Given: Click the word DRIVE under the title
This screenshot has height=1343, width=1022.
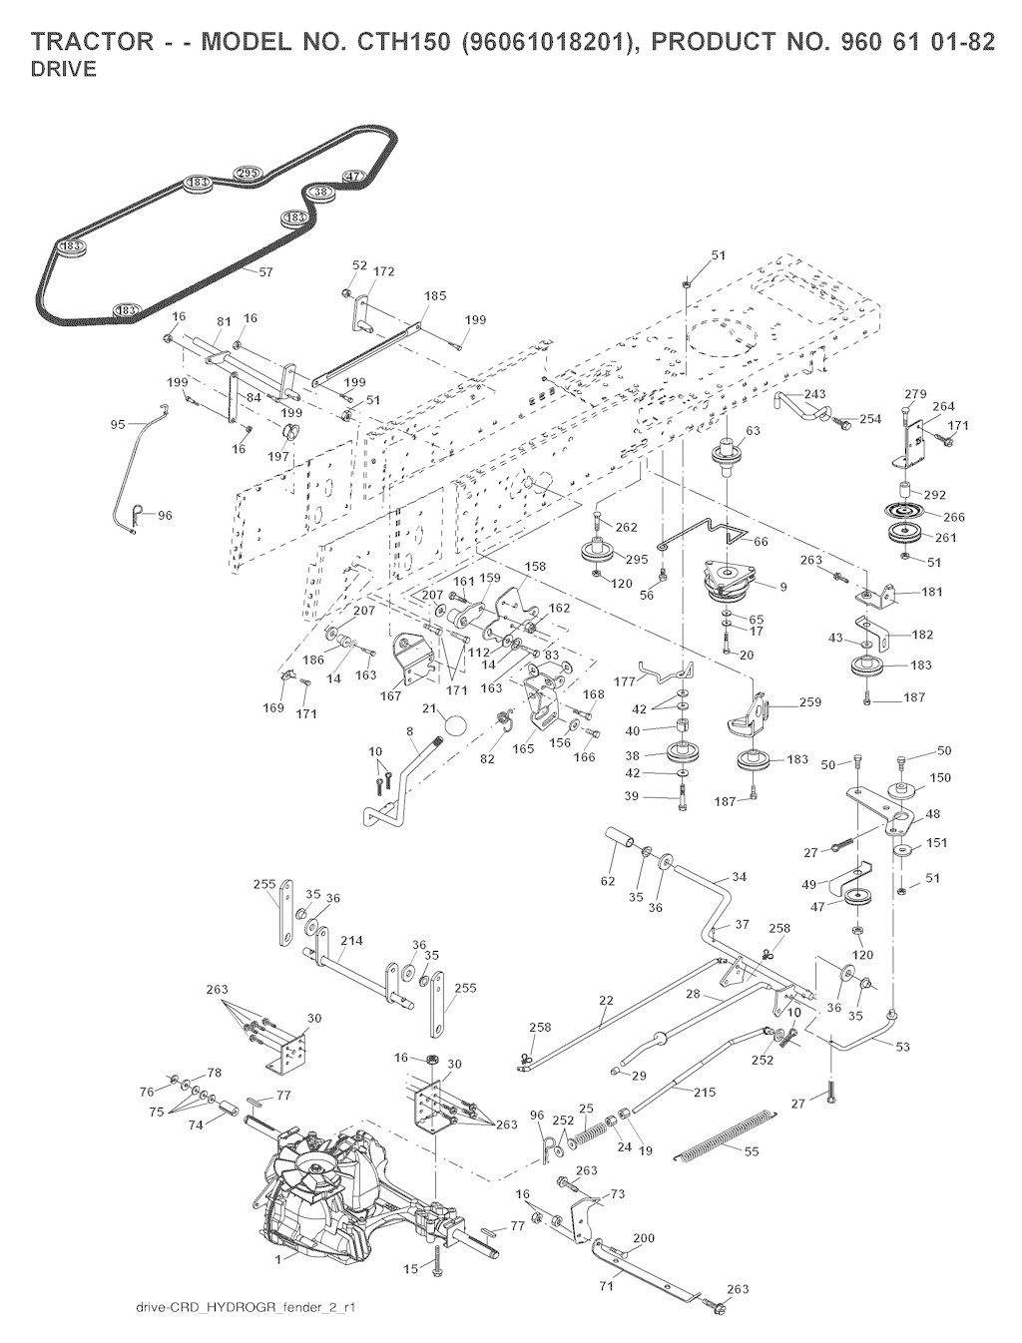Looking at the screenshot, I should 64,70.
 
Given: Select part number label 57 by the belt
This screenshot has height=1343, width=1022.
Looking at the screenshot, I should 266,271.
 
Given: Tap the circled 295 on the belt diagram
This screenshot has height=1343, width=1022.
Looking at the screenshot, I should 248,174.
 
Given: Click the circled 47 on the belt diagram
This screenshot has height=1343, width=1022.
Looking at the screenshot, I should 352,177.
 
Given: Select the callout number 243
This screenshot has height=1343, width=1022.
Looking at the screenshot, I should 814,394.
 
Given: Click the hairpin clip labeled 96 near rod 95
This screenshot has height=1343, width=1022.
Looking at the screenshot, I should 137,515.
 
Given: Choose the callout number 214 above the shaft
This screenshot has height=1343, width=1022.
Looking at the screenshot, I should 351,941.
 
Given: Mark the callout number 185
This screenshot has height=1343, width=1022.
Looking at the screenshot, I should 435,296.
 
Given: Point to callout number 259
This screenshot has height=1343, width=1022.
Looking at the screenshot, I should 809,702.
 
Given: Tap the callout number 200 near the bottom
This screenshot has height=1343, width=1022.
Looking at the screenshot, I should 644,1238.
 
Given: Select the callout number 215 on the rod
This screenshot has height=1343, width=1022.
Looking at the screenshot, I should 705,1093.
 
